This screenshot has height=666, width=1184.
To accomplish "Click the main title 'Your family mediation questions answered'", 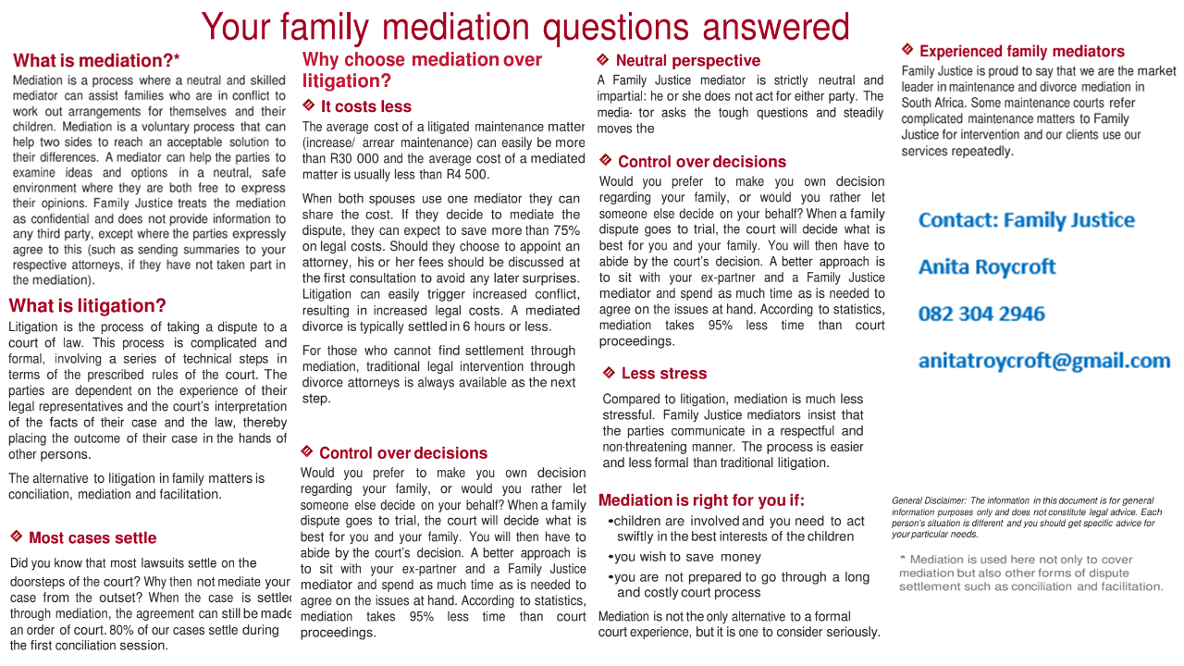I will pyautogui.click(x=524, y=27).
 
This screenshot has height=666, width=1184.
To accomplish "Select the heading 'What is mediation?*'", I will pyautogui.click(x=96, y=61).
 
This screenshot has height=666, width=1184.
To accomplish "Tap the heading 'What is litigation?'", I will pyautogui.click(x=87, y=306).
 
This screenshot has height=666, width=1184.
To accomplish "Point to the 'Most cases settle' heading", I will pyautogui.click(x=92, y=538).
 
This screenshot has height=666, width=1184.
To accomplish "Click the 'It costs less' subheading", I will pyautogui.click(x=365, y=106).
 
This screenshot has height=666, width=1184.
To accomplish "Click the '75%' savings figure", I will pyautogui.click(x=566, y=230).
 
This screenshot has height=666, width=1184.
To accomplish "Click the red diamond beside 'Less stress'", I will pyautogui.click(x=609, y=373).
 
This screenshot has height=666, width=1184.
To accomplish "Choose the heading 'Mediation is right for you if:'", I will pyautogui.click(x=701, y=500).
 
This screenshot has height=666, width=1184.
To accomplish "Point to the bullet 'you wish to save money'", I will pyautogui.click(x=687, y=557).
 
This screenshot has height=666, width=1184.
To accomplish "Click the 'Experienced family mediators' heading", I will pyautogui.click(x=1021, y=52).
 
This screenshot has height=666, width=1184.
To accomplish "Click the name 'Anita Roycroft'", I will pyautogui.click(x=986, y=267).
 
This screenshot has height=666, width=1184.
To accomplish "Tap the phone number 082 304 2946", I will pyautogui.click(x=981, y=314).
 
